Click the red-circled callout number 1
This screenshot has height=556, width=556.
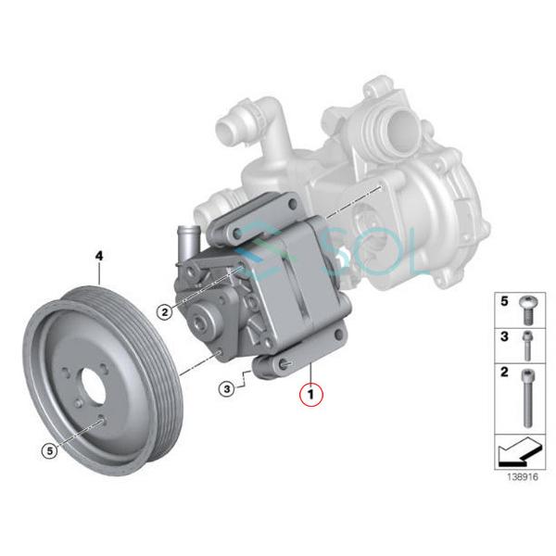(x=311, y=394)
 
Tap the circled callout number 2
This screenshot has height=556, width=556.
(x=164, y=312)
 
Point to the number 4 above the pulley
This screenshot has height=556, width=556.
(x=99, y=252)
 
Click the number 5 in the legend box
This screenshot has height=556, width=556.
(x=505, y=302)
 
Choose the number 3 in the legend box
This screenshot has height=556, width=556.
(x=505, y=338)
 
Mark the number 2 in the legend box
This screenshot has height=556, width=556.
(x=505, y=373)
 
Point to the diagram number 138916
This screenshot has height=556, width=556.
(x=520, y=478)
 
